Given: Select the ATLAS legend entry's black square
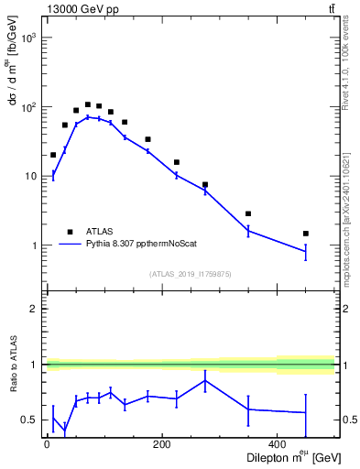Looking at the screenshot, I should coord(70,232).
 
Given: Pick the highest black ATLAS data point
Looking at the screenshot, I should coord(88,104).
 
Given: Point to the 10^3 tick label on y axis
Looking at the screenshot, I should coord(28,38).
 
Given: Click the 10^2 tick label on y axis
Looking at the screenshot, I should coord(28,107).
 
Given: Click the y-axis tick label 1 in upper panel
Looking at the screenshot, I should coord(34,245).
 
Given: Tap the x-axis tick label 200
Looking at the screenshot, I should coord(162,445).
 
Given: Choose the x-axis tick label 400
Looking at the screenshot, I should coord(278,445).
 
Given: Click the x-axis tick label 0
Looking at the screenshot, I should coord(47,445).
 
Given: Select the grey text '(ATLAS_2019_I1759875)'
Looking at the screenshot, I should coord(190,273).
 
